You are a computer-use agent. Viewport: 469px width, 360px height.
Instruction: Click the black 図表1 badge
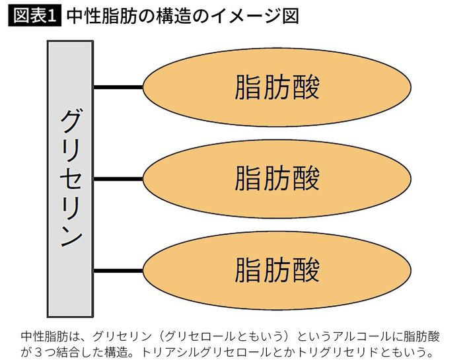(x=34, y=15)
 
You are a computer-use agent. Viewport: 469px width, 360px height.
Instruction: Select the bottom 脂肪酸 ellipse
(x=277, y=270)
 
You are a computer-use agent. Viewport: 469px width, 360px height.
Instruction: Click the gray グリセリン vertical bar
(x=70, y=178)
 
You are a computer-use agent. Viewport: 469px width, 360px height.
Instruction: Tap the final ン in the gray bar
(x=70, y=235)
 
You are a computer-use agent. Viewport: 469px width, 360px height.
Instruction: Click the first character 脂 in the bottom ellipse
(x=248, y=270)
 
